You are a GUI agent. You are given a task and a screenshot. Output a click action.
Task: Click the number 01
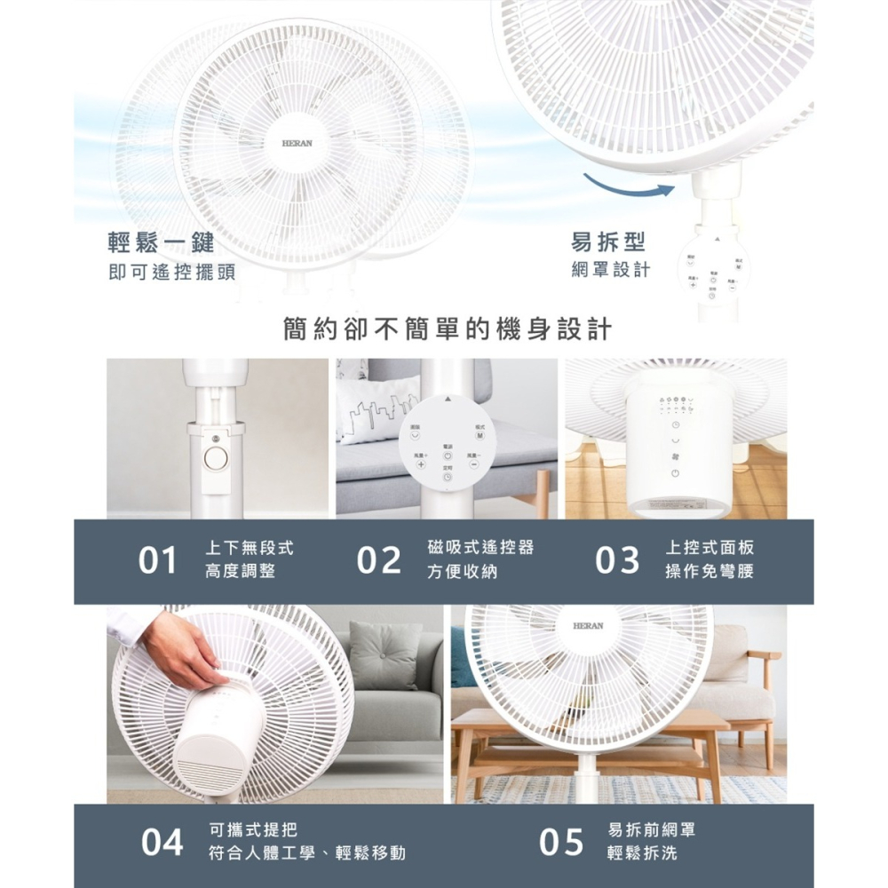click(x=158, y=561)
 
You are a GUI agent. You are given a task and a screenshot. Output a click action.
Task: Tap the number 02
click(x=379, y=561)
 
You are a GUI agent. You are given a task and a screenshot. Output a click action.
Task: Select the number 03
click(x=617, y=561)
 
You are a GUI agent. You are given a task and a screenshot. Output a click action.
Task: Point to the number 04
click(x=163, y=842)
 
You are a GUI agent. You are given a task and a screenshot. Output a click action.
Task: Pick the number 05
click(x=561, y=842)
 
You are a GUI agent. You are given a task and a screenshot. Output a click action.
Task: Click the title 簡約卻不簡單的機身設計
click(x=447, y=329)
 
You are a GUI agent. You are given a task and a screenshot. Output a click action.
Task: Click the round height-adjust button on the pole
click(x=215, y=459)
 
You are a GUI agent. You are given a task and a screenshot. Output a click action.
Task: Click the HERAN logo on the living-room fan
click(x=588, y=626)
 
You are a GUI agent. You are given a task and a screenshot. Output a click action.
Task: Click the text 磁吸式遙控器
click(x=480, y=548)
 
